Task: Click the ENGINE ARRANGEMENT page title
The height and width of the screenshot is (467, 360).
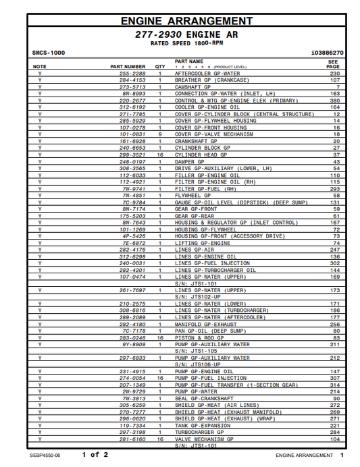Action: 187,22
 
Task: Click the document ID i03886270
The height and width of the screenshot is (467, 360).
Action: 327,53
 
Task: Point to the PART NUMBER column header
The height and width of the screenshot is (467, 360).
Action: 128,67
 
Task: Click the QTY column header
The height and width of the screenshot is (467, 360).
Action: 160,67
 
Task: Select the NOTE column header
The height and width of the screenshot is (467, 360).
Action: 40,67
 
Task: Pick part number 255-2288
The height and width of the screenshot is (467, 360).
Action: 132,73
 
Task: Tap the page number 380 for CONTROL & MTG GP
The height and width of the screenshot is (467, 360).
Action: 334,101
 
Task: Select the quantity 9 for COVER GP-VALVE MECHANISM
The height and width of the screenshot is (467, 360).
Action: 160,134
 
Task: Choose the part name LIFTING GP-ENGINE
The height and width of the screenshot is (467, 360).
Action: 203,243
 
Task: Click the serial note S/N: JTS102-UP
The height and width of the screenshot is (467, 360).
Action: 198,297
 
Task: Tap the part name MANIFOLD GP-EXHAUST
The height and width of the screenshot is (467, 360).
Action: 205,324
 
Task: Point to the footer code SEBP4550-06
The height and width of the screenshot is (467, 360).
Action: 46,456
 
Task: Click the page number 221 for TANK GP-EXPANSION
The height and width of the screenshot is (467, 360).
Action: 334,426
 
